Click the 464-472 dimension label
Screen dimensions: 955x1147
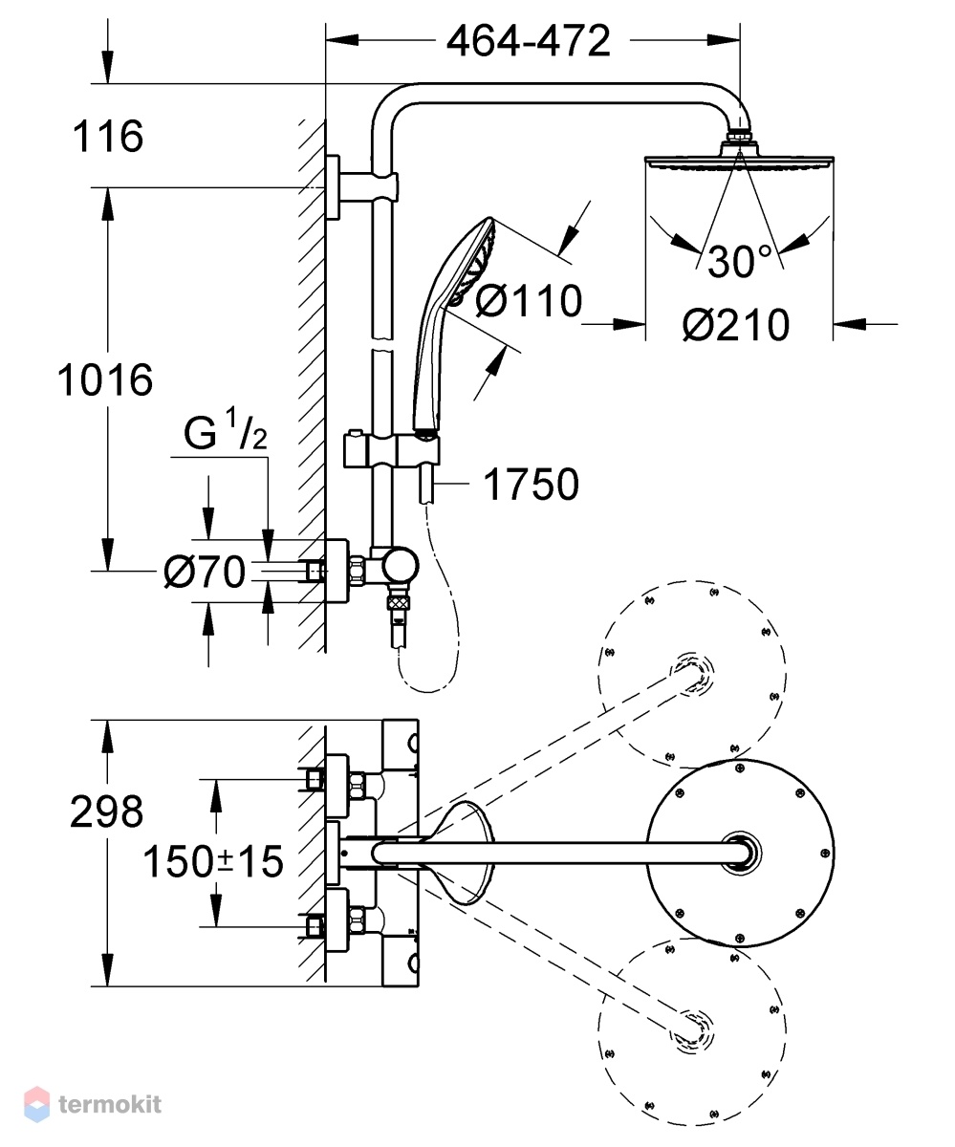[x=528, y=41]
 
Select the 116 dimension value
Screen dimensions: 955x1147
[x=108, y=136]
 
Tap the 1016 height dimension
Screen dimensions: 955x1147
[x=105, y=379]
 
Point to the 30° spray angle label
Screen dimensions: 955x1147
[x=739, y=261]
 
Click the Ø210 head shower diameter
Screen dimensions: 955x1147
[x=736, y=325]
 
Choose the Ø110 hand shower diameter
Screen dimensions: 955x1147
[x=529, y=301]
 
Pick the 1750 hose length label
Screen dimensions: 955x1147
[x=531, y=484]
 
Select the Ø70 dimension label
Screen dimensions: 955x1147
[x=205, y=572]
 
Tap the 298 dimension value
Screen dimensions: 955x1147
[x=107, y=812]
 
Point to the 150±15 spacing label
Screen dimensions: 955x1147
[x=212, y=861]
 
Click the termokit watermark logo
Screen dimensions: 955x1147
[x=93, y=1104]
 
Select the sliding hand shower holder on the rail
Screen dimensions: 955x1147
[x=391, y=451]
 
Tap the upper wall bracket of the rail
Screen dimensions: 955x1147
[x=359, y=187]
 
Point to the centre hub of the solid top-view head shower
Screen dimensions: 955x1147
[x=741, y=854]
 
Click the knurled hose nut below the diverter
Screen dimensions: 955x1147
[x=399, y=601]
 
